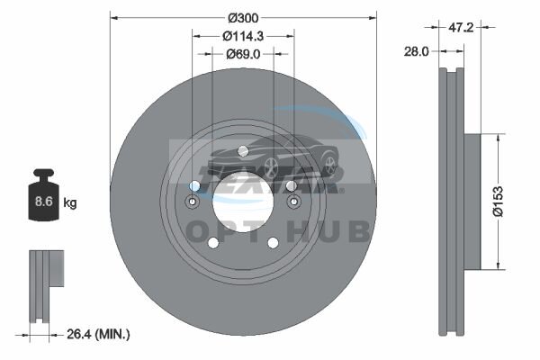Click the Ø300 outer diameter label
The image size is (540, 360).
pos(243,18)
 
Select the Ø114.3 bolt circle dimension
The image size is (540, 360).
pos(243,36)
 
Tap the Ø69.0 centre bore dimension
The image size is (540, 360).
pos(243,54)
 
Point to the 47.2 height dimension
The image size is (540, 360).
pos(461,27)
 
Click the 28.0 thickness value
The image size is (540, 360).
pos(417,51)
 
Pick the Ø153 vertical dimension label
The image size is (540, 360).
pos(498,202)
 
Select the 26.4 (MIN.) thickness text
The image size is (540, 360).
pos(98,334)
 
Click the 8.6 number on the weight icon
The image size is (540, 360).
pos(44,202)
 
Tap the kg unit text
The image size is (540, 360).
pos(70,202)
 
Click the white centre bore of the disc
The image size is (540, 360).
pos(243,202)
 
